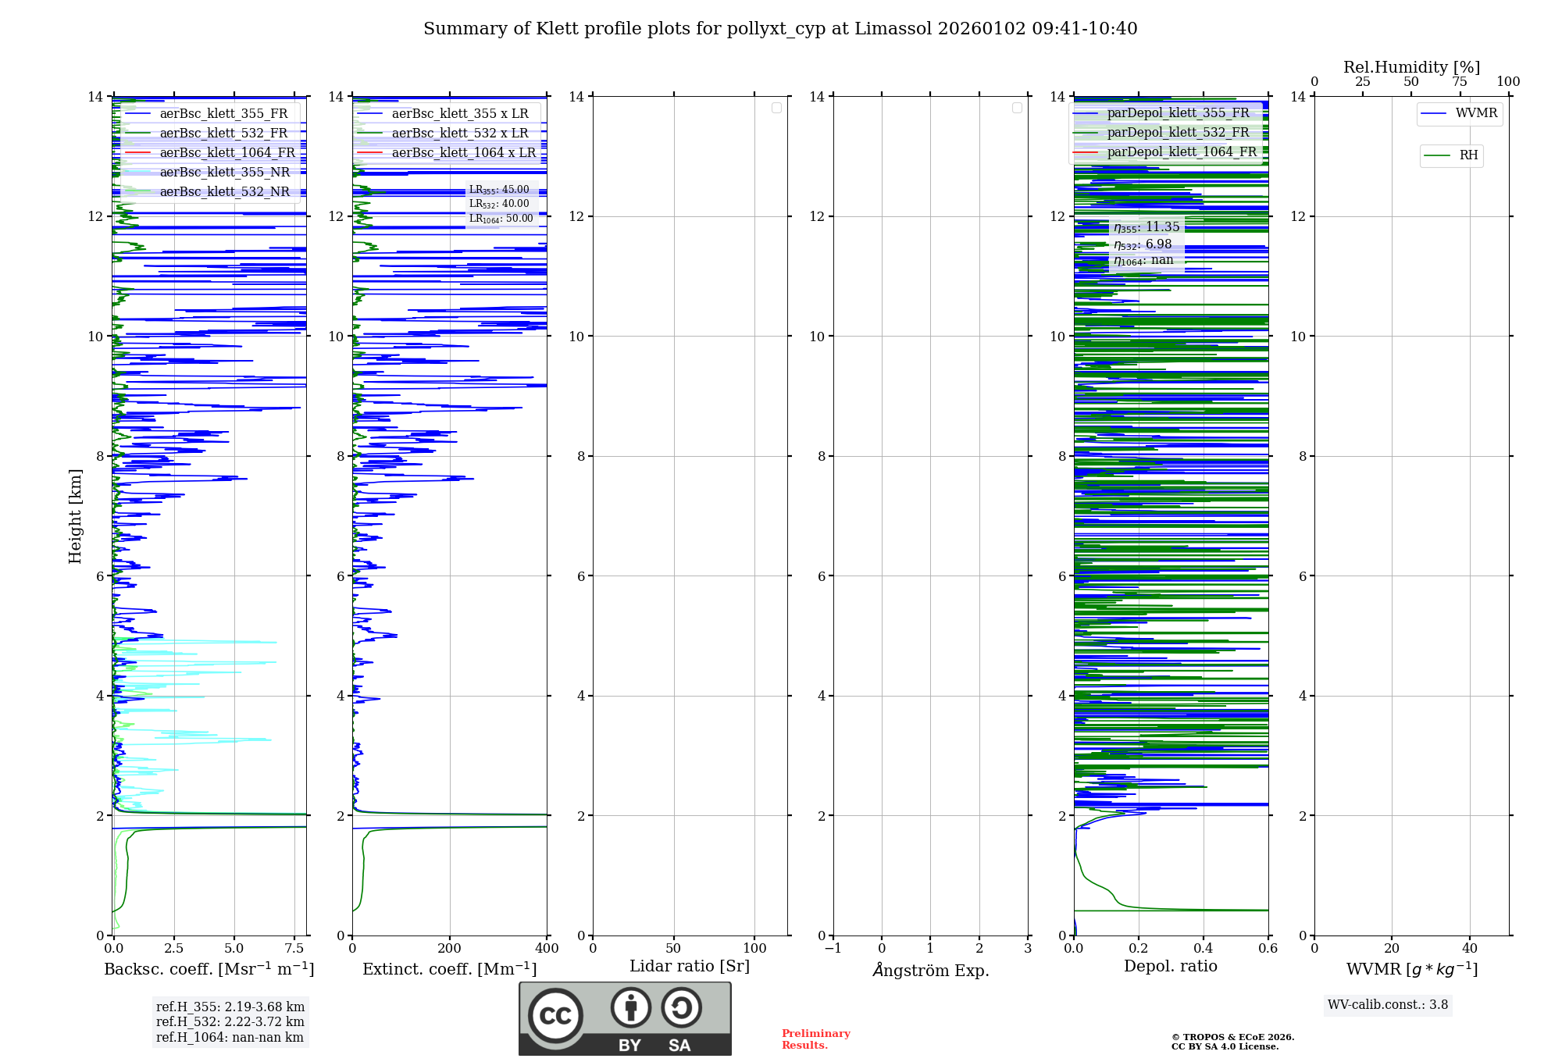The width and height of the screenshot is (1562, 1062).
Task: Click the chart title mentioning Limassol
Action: click(x=780, y=29)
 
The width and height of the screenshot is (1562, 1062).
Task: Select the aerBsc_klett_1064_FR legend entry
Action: click(x=226, y=153)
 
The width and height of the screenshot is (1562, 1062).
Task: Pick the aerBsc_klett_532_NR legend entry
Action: click(x=224, y=192)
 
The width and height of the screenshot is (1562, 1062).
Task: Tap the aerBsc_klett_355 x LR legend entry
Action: click(x=459, y=114)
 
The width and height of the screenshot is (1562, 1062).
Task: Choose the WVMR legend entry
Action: click(x=1475, y=113)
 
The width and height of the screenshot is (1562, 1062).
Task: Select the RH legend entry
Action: click(x=1467, y=155)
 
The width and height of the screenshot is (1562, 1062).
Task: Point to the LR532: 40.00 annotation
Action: click(x=499, y=204)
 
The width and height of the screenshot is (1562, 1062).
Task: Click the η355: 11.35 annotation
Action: click(x=1147, y=227)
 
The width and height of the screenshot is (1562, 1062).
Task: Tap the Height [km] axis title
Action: click(x=75, y=516)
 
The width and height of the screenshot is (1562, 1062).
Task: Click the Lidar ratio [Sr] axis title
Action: click(x=690, y=967)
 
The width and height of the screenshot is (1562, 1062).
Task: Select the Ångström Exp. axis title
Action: click(x=930, y=971)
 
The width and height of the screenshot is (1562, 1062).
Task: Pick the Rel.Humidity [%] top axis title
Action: click(x=1411, y=67)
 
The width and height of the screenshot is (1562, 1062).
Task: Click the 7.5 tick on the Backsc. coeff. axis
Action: click(x=294, y=949)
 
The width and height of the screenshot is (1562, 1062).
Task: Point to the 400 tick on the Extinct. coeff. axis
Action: click(x=547, y=949)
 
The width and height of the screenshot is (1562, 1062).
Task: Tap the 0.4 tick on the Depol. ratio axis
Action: click(x=1204, y=949)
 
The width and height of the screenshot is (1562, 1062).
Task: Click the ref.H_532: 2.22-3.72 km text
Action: click(x=230, y=1022)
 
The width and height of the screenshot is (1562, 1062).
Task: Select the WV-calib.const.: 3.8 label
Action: click(x=1388, y=1005)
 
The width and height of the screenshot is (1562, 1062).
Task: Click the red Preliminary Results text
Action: click(x=815, y=1039)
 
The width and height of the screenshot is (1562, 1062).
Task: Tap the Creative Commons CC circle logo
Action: click(x=555, y=1016)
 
